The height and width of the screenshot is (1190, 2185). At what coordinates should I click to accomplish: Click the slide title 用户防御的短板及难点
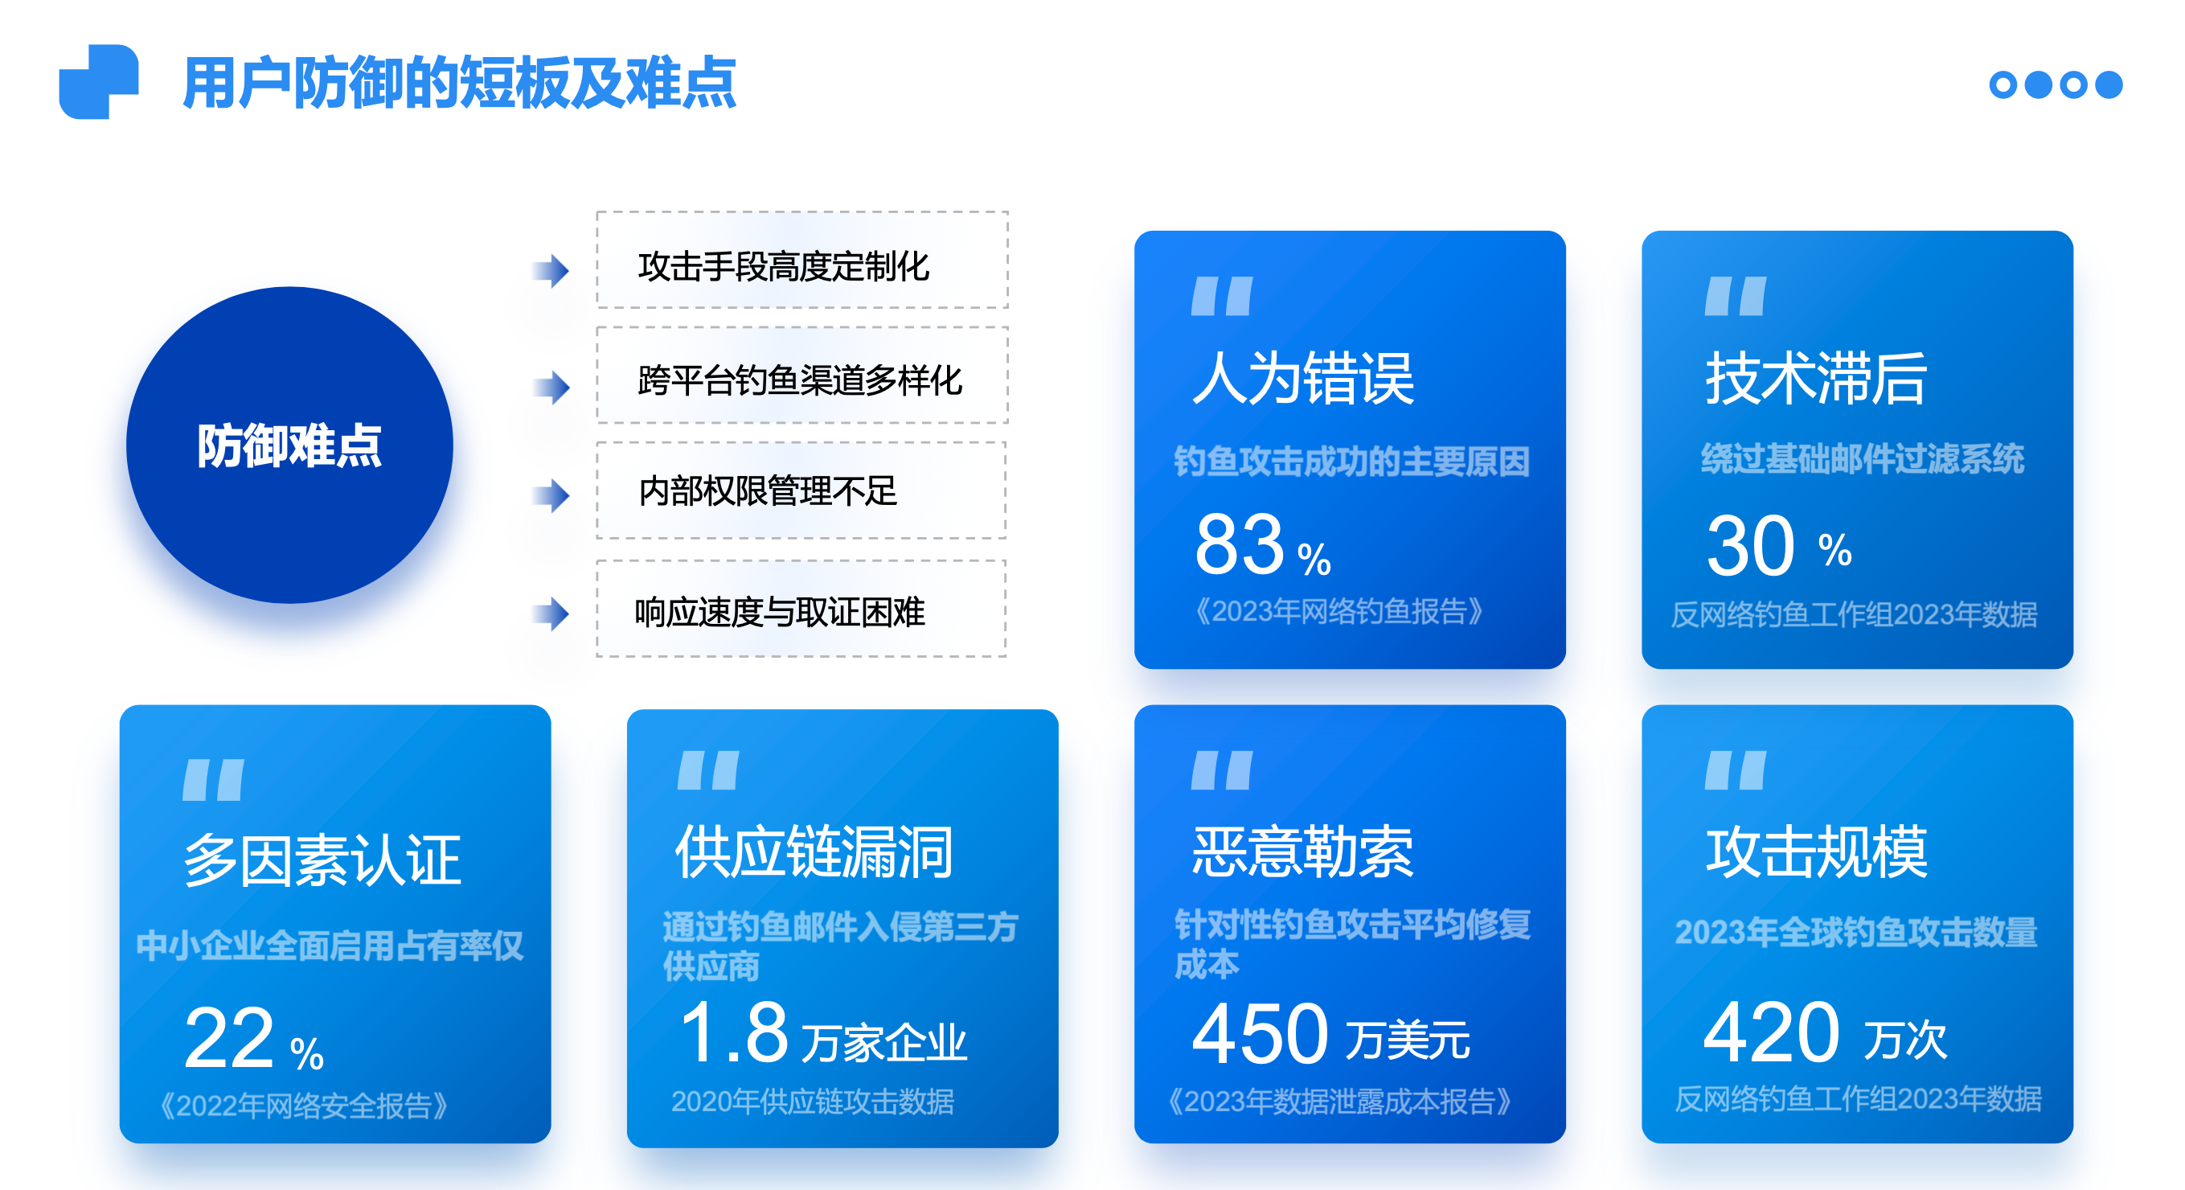(x=459, y=83)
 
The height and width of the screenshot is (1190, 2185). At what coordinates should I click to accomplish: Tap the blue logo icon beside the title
(x=98, y=81)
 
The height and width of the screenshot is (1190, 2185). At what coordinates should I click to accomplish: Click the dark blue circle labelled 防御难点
(x=289, y=445)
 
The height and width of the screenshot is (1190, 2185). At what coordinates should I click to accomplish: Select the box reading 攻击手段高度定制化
(x=802, y=260)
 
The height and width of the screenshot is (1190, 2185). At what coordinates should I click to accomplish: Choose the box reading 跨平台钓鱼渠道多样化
(x=802, y=375)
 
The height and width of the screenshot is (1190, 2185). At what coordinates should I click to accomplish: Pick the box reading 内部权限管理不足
(x=801, y=490)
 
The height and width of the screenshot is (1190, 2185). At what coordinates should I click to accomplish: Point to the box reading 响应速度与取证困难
(x=801, y=608)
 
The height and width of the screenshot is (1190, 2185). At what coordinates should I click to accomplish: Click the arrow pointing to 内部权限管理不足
(x=551, y=495)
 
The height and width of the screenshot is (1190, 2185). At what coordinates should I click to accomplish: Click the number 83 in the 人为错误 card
(x=1240, y=544)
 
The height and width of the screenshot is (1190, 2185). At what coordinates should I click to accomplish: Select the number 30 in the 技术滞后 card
(x=1750, y=546)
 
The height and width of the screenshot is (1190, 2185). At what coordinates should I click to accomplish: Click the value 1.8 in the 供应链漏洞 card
(x=735, y=1032)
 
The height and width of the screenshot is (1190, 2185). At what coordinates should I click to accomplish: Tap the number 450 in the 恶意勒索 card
(x=1260, y=1033)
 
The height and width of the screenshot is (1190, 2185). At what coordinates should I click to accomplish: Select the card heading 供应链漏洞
(x=814, y=851)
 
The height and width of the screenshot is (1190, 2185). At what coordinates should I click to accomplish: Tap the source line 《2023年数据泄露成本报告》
(x=1339, y=1101)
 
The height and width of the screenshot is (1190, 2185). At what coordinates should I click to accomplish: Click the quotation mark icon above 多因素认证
(x=214, y=779)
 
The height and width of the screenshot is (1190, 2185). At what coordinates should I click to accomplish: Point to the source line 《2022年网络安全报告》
(x=304, y=1106)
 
